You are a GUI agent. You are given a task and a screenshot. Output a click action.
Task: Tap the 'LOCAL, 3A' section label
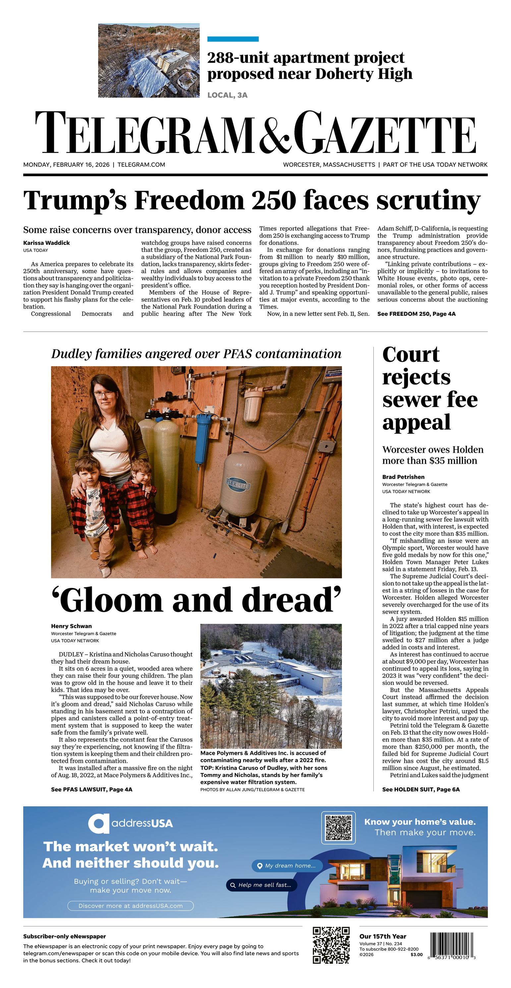coord(227,95)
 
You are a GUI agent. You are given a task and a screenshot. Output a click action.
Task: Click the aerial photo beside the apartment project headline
coord(149,60)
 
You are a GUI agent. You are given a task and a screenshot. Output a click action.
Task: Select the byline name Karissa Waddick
coord(46,243)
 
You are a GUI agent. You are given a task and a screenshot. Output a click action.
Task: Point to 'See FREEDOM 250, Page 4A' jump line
coord(416,314)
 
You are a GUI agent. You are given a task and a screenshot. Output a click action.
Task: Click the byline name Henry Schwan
coord(71,626)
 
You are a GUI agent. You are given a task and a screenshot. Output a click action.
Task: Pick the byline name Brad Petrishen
coord(403,477)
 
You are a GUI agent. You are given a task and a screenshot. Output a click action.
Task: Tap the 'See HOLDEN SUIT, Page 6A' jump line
coord(421,789)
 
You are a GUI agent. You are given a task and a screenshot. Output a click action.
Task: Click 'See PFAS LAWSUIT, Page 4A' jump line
coord(91,789)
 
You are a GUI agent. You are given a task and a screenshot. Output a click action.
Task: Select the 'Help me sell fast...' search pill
coord(261,885)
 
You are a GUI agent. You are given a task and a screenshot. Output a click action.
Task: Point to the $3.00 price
coord(416,954)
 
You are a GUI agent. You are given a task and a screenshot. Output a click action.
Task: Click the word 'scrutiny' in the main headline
coord(428,200)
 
